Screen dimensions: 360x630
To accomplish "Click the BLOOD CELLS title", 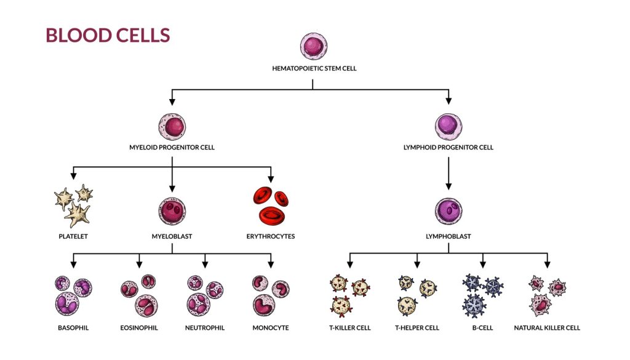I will pos(108,35).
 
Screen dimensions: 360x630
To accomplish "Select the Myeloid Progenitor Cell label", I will pos(172,148).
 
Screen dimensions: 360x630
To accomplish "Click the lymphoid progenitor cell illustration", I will pos(449,127).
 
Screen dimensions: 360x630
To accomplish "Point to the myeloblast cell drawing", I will pos(172,212).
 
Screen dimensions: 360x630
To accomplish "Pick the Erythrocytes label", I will pos(271,236).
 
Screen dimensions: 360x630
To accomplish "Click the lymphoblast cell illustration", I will pos(449,212).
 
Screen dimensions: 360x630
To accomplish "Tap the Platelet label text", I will pos(73,236).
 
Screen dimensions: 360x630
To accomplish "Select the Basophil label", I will pos(73,328).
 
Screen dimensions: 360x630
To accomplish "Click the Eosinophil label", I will pos(139,328).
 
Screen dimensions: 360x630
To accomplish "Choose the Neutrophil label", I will pos(205,328).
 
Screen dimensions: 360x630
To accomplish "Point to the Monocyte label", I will pos(271,328).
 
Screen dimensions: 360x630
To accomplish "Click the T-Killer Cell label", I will pos(350,328).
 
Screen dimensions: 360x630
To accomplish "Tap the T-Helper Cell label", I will pos(417,328).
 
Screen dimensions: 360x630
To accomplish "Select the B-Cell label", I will pos(483,328).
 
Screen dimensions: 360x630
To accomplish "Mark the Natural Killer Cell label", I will pos(547,328).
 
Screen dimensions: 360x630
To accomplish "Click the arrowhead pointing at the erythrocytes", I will pos(271,178).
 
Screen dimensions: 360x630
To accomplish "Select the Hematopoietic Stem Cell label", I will pos(314,69).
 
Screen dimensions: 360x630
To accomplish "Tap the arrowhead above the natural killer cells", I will pos(547,265).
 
